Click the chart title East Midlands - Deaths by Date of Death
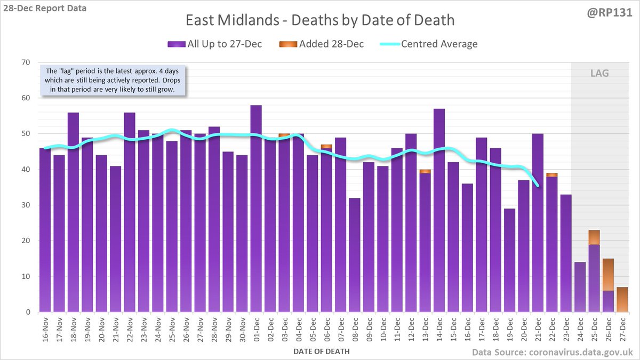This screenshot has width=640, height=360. pyautogui.click(x=319, y=20)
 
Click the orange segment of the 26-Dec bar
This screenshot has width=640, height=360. pyautogui.click(x=608, y=275)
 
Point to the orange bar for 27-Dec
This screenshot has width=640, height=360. pyautogui.click(x=622, y=299)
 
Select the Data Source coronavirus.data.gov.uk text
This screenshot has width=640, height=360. pyautogui.click(x=551, y=352)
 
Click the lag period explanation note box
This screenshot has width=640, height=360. pyautogui.click(x=114, y=81)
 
